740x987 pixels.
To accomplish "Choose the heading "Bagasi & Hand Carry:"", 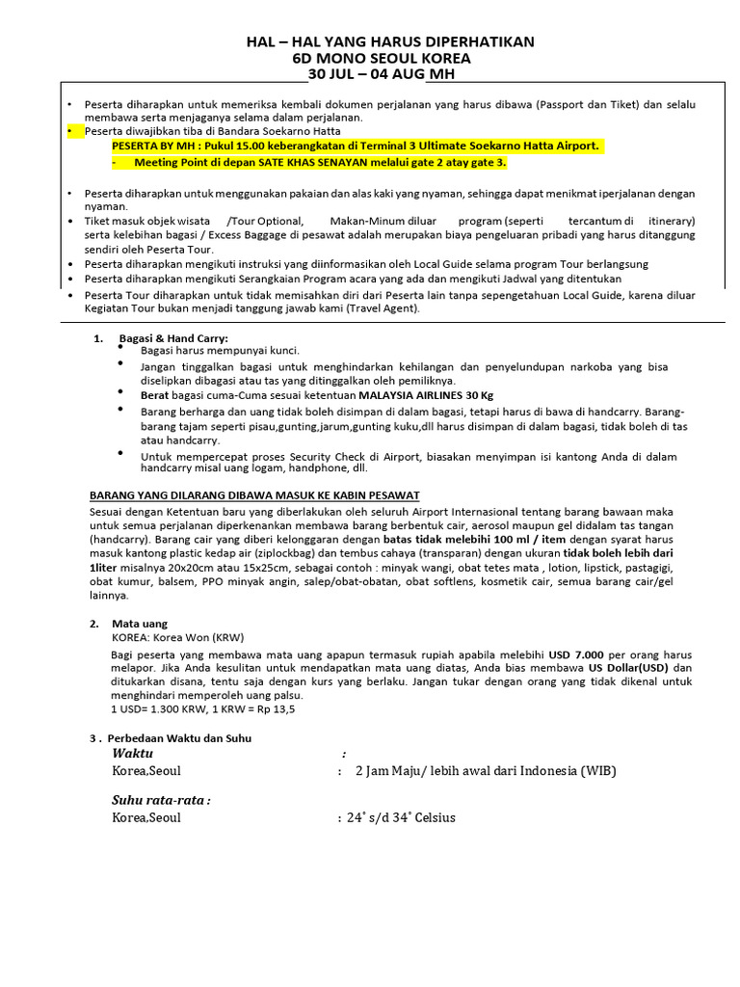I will click(x=173, y=338).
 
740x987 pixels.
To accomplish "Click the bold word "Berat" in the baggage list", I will click(x=157, y=394).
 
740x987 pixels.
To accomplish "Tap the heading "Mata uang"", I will click(x=140, y=624).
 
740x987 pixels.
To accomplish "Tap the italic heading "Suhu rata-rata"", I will click(x=160, y=800).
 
